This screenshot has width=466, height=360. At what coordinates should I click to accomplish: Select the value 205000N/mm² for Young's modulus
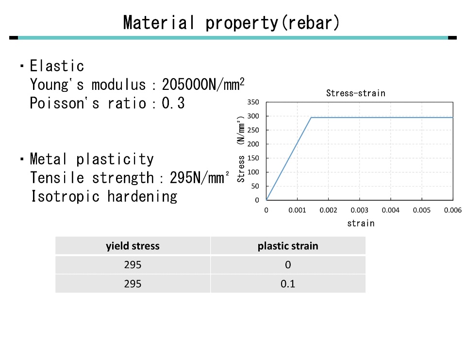(x=203, y=84)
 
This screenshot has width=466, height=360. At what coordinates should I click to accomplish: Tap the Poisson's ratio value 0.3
(x=173, y=103)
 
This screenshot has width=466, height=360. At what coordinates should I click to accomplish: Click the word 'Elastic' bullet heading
(x=57, y=66)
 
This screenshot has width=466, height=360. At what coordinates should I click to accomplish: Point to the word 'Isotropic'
(x=65, y=196)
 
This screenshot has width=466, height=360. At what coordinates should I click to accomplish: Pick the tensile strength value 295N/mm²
(x=199, y=178)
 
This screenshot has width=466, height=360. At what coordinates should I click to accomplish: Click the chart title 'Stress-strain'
(x=356, y=93)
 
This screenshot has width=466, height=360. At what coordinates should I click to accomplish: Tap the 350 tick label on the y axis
(x=253, y=102)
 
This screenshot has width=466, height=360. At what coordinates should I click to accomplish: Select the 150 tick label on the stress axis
(x=253, y=158)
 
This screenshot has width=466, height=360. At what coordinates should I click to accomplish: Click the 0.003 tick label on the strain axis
(x=359, y=210)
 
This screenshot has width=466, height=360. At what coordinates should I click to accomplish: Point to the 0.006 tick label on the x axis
(x=452, y=210)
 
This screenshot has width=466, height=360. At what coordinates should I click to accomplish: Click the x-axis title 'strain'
(x=361, y=223)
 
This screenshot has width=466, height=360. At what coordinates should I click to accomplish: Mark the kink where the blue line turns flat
(x=311, y=118)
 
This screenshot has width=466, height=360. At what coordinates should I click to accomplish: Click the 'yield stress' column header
(x=133, y=246)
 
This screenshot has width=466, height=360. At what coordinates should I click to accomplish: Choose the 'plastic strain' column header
(x=288, y=246)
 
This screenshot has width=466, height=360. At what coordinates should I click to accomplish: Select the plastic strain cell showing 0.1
(x=288, y=284)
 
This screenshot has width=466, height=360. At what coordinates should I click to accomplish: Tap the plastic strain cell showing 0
(x=288, y=265)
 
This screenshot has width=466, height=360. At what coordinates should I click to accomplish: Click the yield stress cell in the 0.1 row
(x=133, y=284)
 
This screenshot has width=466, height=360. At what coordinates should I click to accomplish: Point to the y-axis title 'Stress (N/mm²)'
(x=241, y=149)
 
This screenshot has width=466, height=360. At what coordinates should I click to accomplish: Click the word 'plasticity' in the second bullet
(x=115, y=159)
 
